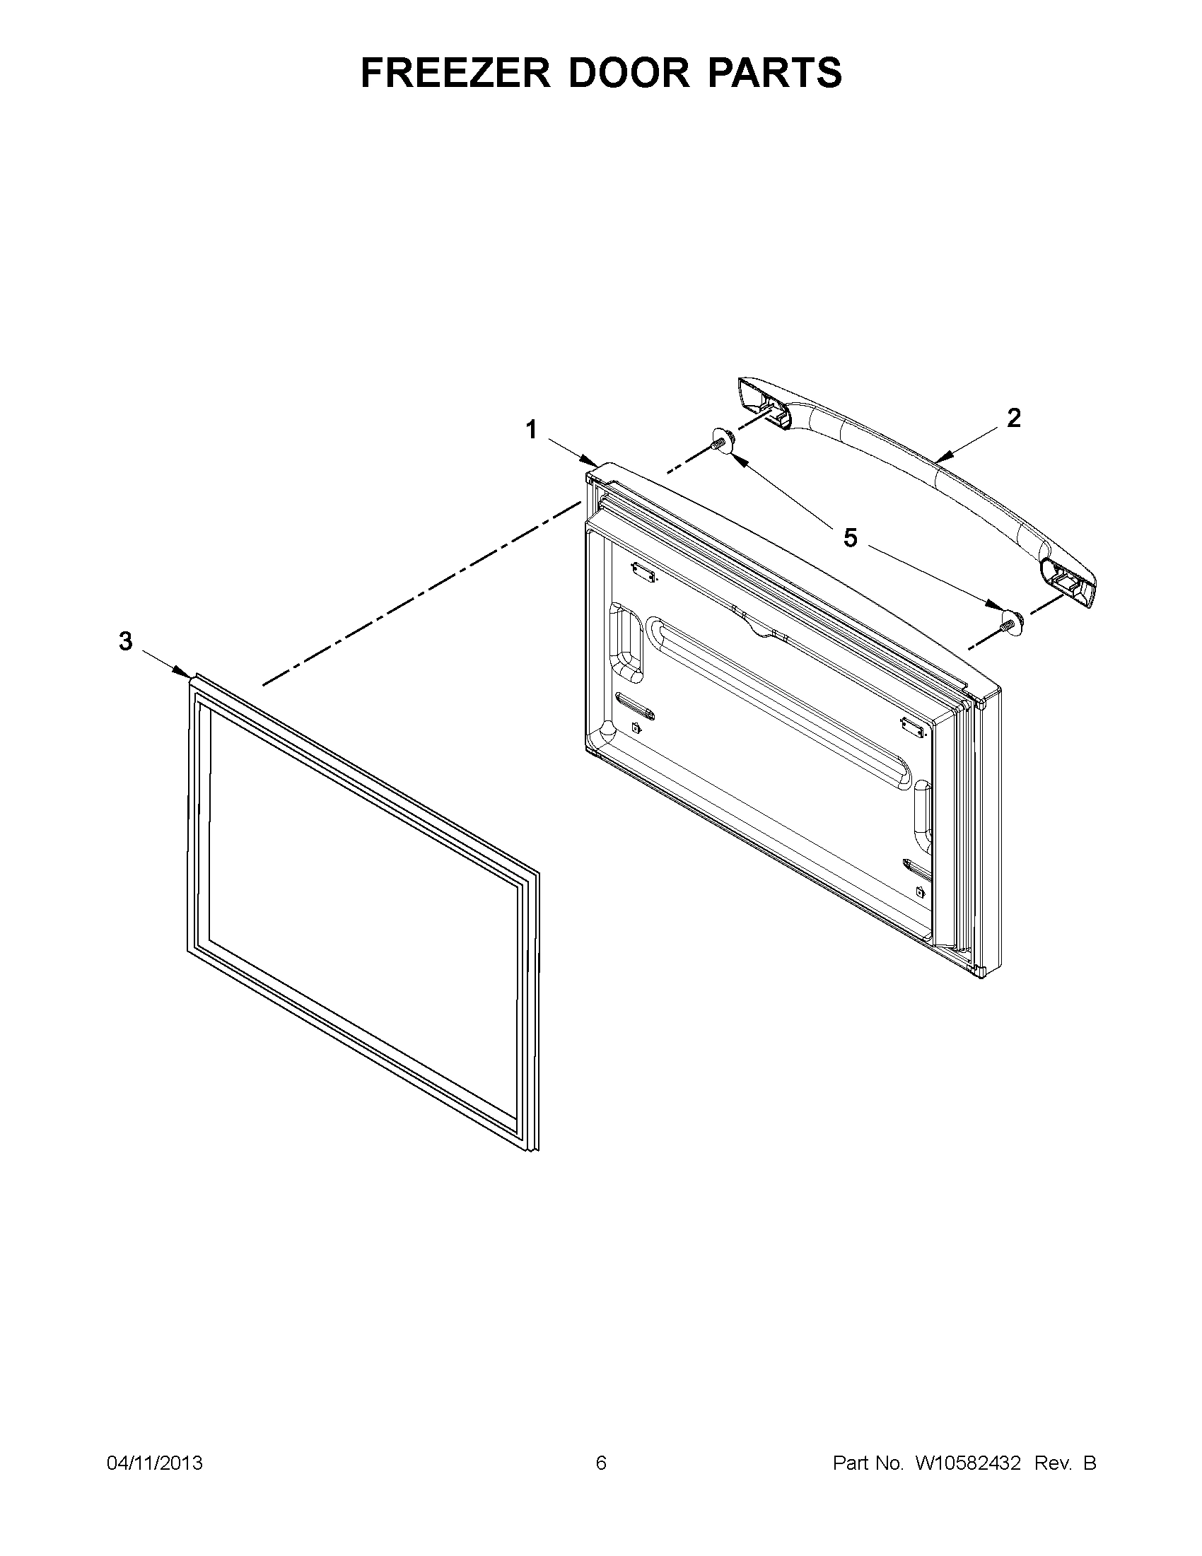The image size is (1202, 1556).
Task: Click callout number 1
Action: pyautogui.click(x=532, y=430)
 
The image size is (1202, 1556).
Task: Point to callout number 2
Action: pyautogui.click(x=1013, y=419)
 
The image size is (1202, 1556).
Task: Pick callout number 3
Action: pyautogui.click(x=125, y=642)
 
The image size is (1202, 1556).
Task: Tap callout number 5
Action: pyautogui.click(x=850, y=538)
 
